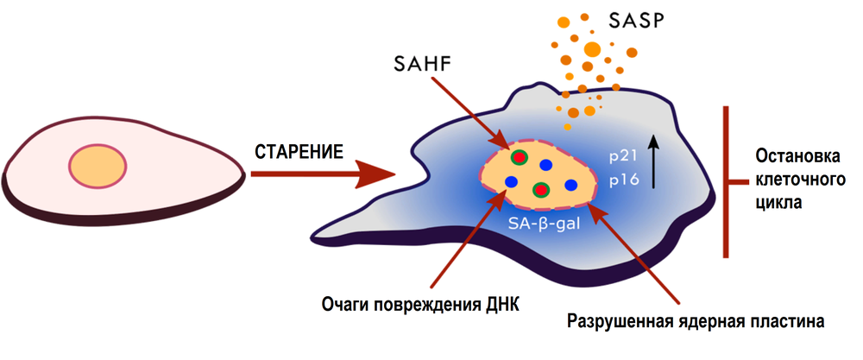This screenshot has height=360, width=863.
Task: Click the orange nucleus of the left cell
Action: (x=98, y=166)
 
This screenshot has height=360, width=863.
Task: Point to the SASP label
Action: (x=637, y=22)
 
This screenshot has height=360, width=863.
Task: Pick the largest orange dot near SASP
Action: (x=592, y=49)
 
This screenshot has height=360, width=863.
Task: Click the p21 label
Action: (x=623, y=156)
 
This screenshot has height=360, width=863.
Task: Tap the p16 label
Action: (x=624, y=180)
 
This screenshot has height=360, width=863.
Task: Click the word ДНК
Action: (x=504, y=304)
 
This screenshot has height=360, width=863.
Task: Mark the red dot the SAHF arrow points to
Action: (x=519, y=157)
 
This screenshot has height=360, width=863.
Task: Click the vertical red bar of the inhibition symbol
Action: (x=726, y=181)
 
